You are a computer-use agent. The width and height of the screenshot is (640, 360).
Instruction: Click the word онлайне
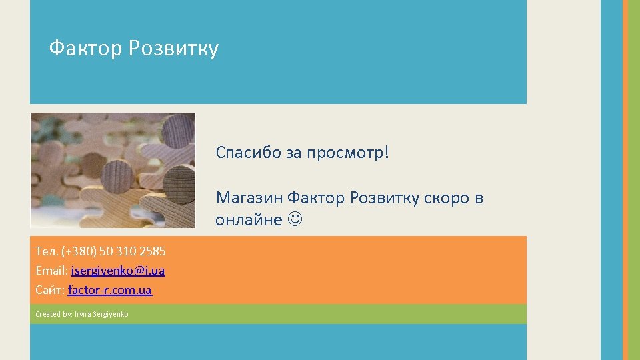[248, 221]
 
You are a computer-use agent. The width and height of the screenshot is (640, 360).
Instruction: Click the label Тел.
[47, 251]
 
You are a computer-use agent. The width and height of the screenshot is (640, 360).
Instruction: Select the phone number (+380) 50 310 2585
[113, 251]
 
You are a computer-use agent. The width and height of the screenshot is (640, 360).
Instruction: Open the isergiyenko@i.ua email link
[118, 271]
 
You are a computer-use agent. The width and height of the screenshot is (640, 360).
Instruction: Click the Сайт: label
[51, 290]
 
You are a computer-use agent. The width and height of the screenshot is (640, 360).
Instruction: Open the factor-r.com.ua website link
[110, 290]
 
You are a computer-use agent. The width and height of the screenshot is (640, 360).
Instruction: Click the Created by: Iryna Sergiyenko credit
[82, 314]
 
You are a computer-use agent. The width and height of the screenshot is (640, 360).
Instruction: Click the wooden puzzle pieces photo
[113, 170]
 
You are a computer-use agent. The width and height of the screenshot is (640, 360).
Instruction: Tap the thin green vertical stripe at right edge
[635, 180]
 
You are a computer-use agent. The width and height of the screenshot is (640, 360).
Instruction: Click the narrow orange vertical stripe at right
[625, 180]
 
